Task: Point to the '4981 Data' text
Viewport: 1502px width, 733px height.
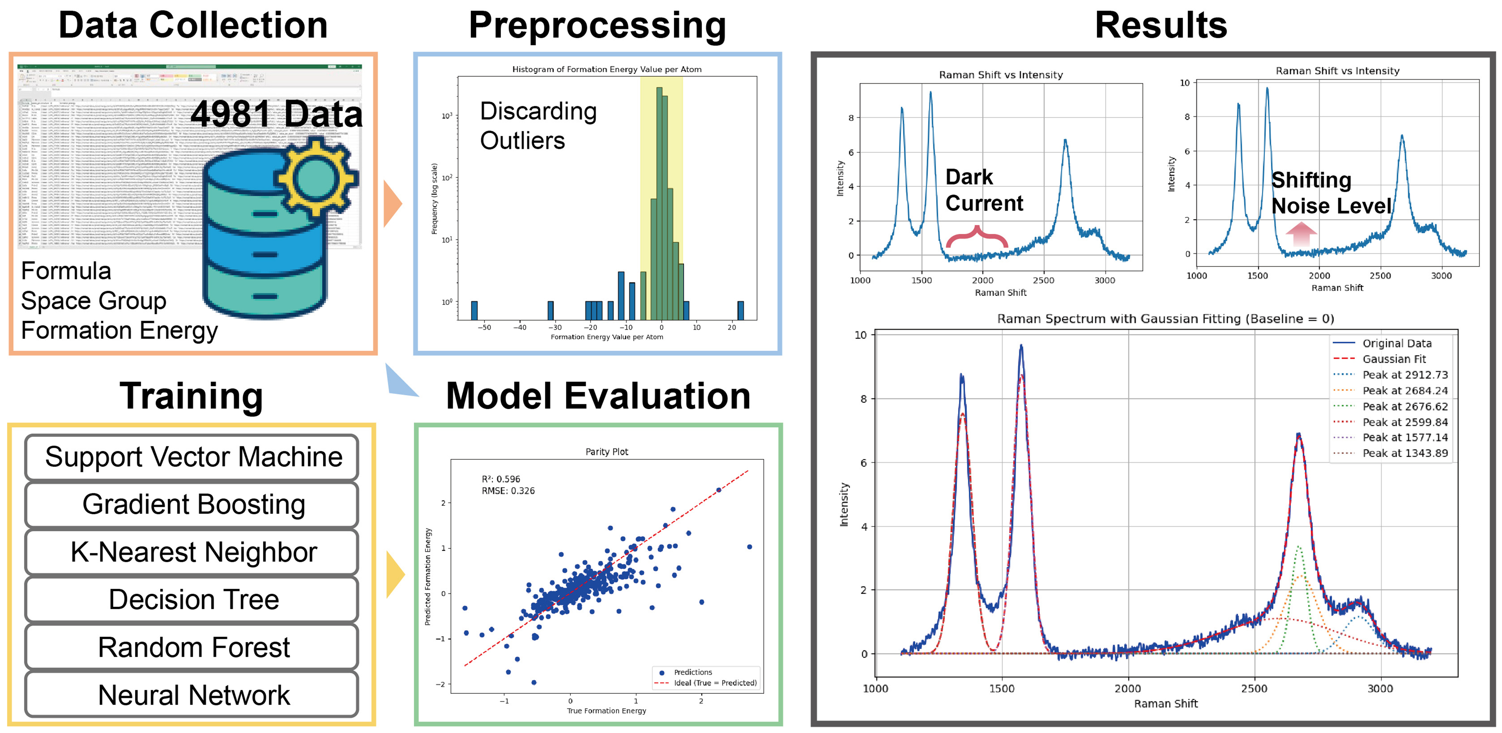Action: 276,114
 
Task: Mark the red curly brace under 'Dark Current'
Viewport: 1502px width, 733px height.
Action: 977,236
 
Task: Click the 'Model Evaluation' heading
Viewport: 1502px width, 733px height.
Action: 598,397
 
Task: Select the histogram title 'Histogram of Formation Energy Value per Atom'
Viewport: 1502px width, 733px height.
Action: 606,69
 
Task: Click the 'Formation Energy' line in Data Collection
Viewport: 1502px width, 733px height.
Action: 120,331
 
